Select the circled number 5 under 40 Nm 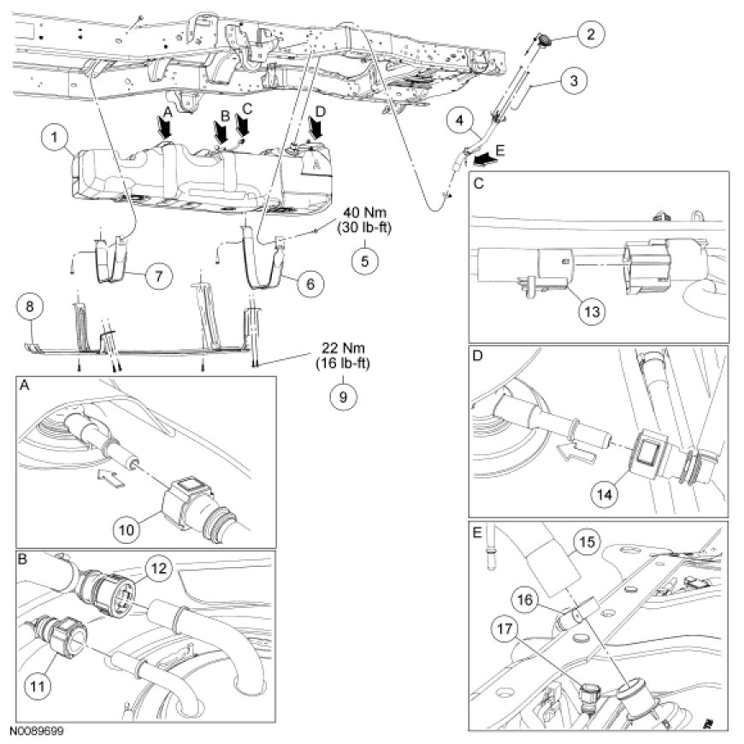(x=365, y=260)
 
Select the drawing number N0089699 (x=38, y=733)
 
